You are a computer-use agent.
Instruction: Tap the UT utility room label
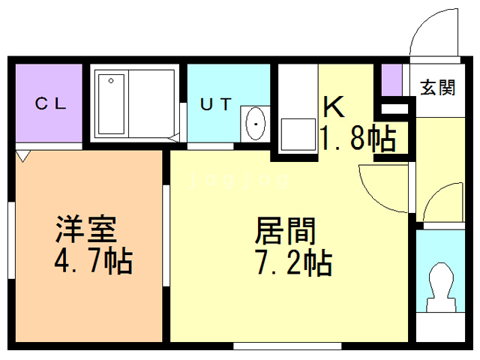pos(216,104)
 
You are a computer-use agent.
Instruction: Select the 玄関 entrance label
pos(437,88)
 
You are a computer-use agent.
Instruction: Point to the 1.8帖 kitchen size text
pos(357,138)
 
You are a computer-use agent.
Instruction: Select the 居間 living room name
pos(285,229)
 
